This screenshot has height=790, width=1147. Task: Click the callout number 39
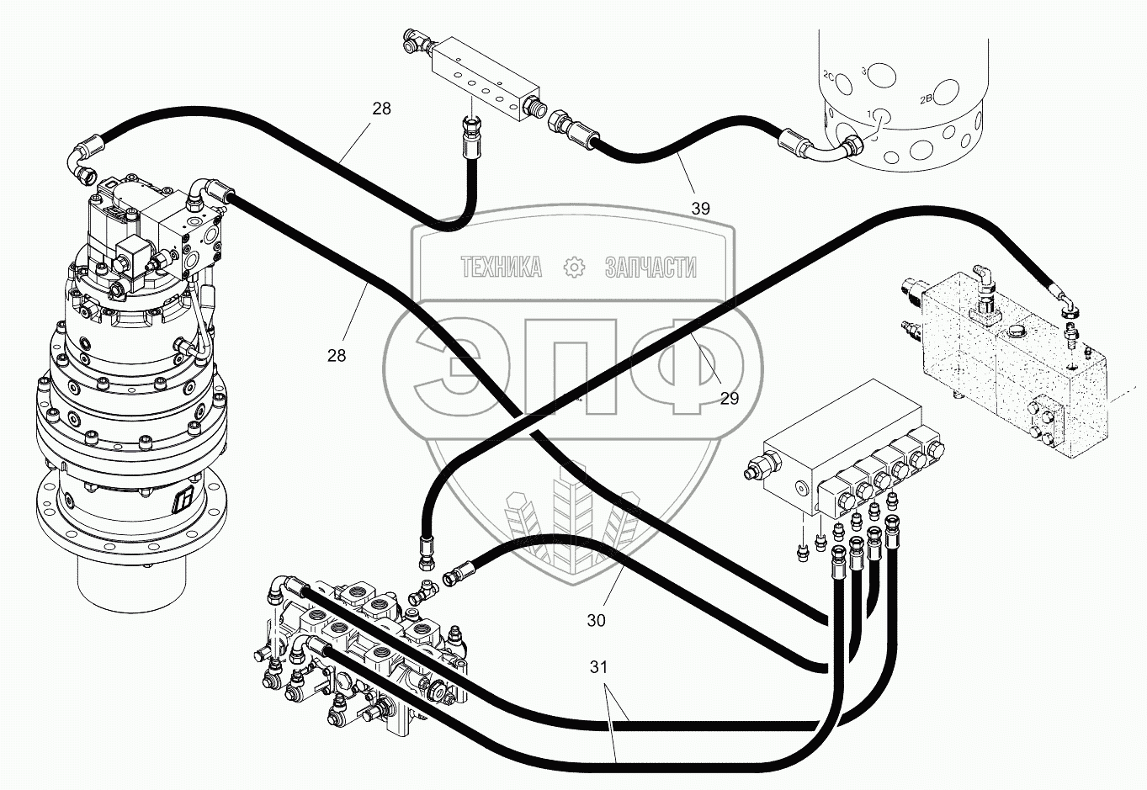pos(700,208)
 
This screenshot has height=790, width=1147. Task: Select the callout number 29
pos(729,398)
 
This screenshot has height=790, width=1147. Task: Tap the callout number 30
pos(596,621)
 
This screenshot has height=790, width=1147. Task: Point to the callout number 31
pos(598,667)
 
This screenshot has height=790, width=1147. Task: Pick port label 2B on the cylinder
pos(926,99)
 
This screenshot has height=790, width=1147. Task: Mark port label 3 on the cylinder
pos(864,72)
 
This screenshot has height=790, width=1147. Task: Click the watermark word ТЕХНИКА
pos(502,268)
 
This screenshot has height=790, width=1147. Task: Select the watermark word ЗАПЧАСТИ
pos(650,268)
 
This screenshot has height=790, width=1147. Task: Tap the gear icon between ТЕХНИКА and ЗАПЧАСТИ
pos(574,268)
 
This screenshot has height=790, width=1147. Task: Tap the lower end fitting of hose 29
pos(425,549)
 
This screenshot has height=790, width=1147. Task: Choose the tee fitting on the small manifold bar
pos(415,40)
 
